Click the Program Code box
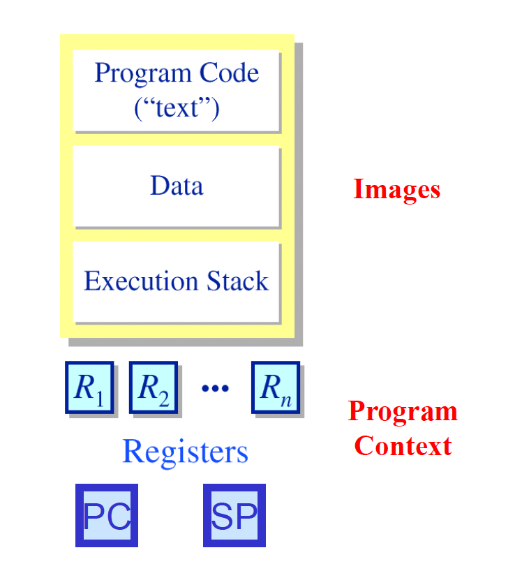tap(177, 91)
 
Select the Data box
tap(177, 186)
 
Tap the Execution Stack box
tap(177, 281)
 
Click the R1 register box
tap(89, 387)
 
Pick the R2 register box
tap(153, 387)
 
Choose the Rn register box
tap(276, 387)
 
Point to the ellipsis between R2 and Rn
tap(215, 389)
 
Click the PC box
tap(107, 516)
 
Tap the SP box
tap(234, 516)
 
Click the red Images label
tap(396, 189)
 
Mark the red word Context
tap(403, 446)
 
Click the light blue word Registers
tap(185, 452)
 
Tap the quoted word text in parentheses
tap(177, 109)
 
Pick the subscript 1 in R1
tap(99, 399)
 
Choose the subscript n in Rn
tap(286, 399)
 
